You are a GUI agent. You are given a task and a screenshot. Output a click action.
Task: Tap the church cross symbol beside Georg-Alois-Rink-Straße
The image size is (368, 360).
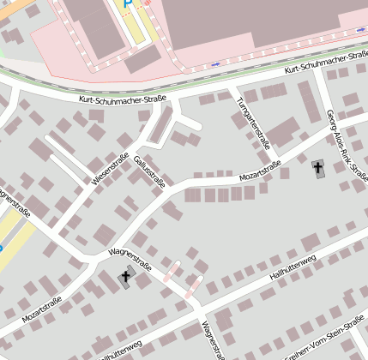point(319,168)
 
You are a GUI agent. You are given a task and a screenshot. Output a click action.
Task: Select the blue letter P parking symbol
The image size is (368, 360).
point(128,3)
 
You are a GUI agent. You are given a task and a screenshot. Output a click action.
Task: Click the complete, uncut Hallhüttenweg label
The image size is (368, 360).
point(293,267)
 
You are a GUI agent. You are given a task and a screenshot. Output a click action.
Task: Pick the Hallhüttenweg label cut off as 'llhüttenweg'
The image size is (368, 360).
point(119,351)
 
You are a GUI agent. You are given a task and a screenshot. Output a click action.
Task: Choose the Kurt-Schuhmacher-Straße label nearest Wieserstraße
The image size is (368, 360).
point(122,99)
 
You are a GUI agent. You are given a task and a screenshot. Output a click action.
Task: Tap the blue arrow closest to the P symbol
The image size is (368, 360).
point(214,64)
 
